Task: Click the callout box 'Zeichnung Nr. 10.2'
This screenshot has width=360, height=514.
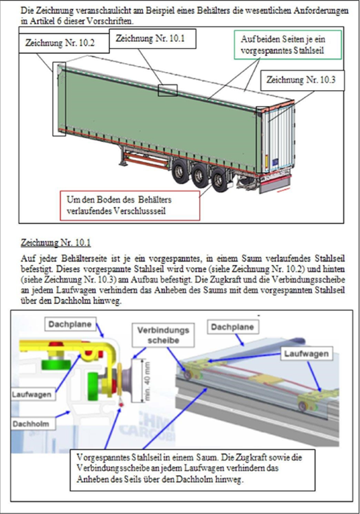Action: click(x=63, y=43)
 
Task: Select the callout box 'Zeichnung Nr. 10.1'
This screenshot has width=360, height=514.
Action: click(x=152, y=39)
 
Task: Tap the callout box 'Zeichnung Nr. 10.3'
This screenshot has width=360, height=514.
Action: click(x=303, y=80)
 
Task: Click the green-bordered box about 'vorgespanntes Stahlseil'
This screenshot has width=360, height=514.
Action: click(x=288, y=45)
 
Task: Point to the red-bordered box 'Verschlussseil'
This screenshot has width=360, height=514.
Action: click(x=130, y=206)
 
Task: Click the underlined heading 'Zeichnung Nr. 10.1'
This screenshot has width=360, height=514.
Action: click(x=56, y=243)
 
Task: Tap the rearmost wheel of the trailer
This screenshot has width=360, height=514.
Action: click(x=218, y=182)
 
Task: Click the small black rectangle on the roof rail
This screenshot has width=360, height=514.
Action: click(x=168, y=90)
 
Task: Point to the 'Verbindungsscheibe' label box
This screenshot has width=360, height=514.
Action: click(x=163, y=335)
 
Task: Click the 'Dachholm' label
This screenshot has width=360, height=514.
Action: click(x=31, y=424)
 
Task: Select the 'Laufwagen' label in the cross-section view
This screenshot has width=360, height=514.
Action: click(x=32, y=394)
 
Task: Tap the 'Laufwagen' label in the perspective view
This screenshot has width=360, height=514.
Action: click(x=306, y=353)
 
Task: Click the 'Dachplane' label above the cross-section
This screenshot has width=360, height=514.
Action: click(x=70, y=324)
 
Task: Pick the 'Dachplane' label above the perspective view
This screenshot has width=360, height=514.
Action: click(x=232, y=327)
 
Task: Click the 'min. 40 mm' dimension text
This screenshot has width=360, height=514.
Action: click(x=147, y=381)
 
